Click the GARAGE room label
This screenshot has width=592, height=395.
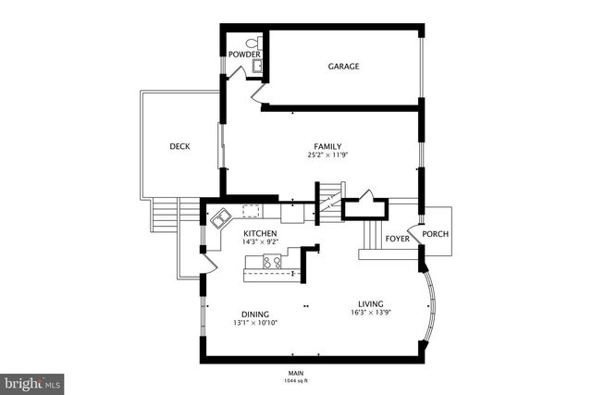click(343, 67)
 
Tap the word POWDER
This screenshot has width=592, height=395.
click(245, 54)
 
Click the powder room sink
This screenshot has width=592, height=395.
click(256, 66)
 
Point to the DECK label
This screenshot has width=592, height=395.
click(179, 146)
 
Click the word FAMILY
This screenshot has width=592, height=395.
click(327, 146)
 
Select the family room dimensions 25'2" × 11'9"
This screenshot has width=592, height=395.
click(327, 155)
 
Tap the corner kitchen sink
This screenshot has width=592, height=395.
click(222, 219)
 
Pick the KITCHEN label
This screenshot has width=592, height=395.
click(261, 233)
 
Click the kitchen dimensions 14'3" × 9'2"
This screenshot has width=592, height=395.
click(261, 242)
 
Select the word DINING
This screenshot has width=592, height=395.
click(255, 314)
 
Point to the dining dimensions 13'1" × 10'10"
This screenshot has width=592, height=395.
click(255, 323)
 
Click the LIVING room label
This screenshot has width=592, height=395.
click(372, 303)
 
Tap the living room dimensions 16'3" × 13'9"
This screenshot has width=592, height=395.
click(372, 313)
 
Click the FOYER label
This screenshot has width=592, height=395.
click(398, 239)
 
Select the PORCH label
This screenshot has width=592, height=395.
click(435, 233)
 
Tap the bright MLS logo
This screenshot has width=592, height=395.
click(32, 381)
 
